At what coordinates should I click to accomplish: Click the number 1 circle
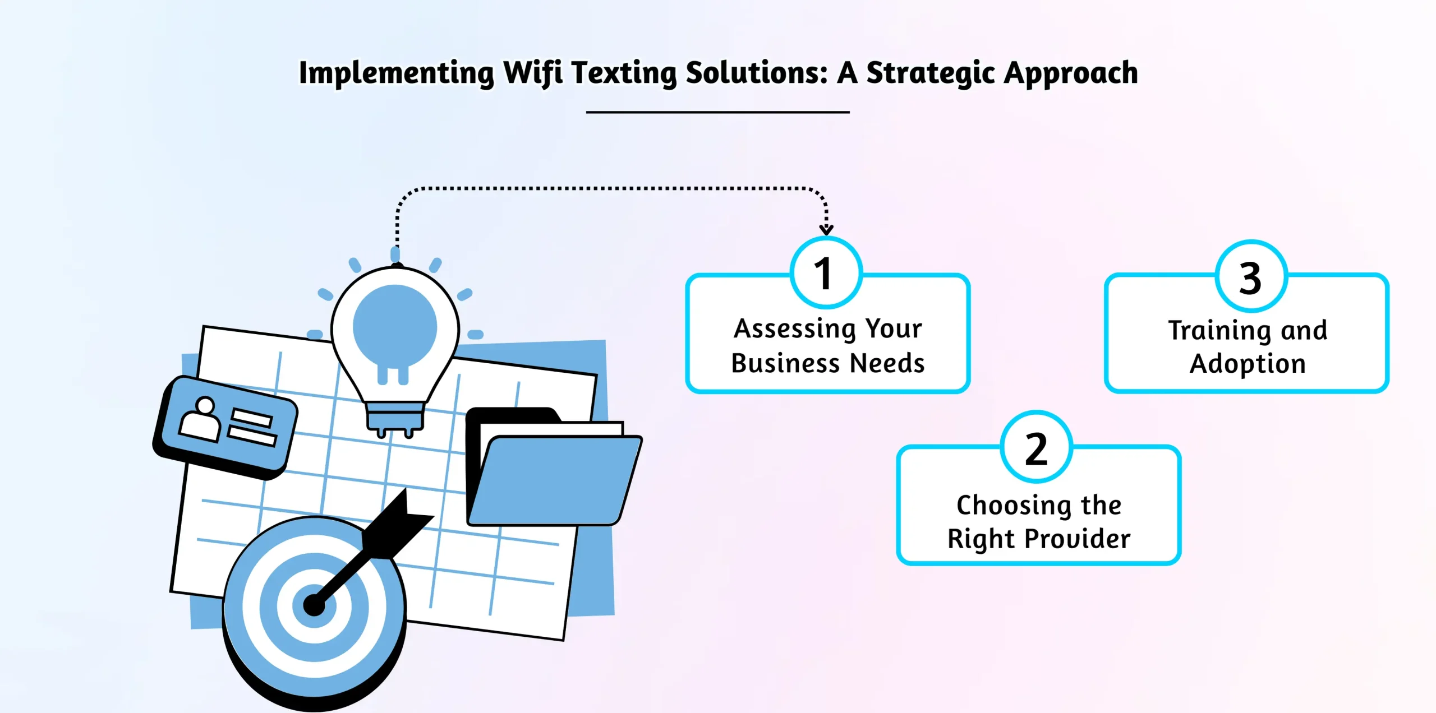pos(826,273)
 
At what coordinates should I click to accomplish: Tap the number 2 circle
pos(1037,447)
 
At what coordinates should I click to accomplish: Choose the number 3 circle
pos(1251,276)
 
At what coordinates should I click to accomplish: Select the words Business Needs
pos(828,363)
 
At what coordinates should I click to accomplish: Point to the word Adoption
pos(1248,364)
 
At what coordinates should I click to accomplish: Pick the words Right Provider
pos(1039,539)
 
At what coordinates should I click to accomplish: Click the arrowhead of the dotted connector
pos(826,230)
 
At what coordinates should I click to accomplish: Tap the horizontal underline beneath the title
pos(718,112)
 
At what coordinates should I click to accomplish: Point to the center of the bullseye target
pos(314,605)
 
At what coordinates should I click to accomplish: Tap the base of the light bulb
pos(395,419)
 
